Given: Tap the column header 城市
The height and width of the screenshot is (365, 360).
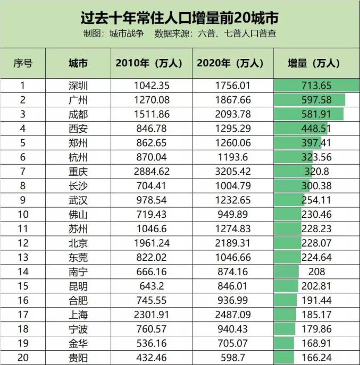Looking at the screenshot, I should pos(78,63).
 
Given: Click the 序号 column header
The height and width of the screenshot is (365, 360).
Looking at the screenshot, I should pos(23,63).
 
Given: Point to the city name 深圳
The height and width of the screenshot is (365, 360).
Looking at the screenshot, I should pos(78,86).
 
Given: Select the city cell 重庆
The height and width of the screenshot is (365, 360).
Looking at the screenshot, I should pos(78,172).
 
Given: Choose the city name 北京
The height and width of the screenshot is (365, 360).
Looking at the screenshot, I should pos(78,243).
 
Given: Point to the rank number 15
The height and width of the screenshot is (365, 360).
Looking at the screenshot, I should pos(23,286).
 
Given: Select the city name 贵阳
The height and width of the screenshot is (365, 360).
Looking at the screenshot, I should pos(78,358).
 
